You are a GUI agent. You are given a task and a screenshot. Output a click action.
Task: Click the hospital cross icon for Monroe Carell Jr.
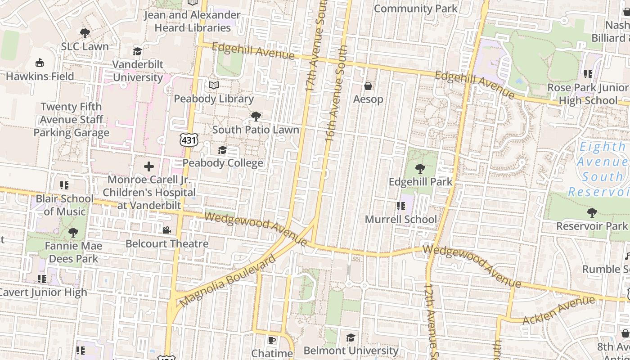click(149, 167)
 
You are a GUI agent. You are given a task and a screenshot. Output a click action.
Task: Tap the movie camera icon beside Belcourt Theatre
click(166, 230)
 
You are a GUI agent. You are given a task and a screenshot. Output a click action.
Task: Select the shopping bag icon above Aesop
click(368, 85)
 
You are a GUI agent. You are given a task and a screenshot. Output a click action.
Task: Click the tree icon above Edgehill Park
click(420, 169)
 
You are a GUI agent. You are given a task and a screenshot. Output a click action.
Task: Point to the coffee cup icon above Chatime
click(272, 340)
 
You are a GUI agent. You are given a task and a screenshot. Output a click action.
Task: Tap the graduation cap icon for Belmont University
click(351, 337)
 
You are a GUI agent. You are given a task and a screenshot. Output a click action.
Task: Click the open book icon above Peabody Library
click(214, 85)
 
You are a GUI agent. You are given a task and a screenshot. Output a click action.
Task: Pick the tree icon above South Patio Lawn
click(256, 117)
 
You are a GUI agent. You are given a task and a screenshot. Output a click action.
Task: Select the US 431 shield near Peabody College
click(189, 140)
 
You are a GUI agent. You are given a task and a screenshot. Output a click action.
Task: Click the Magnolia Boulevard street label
click(228, 281)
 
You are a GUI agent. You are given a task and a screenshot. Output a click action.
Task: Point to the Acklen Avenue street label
click(558, 310)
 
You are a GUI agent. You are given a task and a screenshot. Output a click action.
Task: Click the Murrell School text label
click(400, 220)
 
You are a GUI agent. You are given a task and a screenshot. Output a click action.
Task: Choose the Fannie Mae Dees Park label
click(73, 252)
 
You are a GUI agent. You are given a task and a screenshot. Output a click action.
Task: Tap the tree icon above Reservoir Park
click(592, 212)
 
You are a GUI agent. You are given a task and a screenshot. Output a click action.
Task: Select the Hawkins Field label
click(40, 76)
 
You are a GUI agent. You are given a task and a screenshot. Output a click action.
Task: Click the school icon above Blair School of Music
click(64, 185)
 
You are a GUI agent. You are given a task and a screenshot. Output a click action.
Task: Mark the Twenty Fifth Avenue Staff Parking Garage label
click(71, 120)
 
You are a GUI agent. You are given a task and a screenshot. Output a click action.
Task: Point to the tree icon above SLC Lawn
click(85, 33)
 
